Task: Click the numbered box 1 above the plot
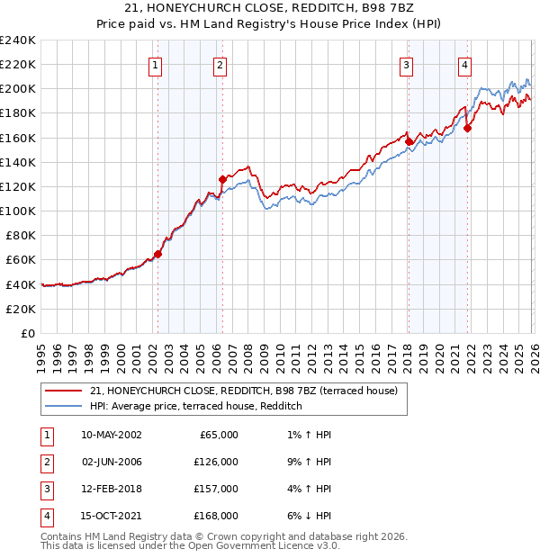156,64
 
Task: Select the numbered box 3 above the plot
407,64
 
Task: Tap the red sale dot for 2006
222,179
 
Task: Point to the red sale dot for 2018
409,141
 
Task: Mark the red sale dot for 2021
467,128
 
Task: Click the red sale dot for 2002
157,254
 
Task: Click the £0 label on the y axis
27,333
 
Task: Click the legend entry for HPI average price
195,407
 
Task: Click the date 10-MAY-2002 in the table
111,435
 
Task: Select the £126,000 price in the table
216,462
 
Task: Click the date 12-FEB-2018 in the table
111,489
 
